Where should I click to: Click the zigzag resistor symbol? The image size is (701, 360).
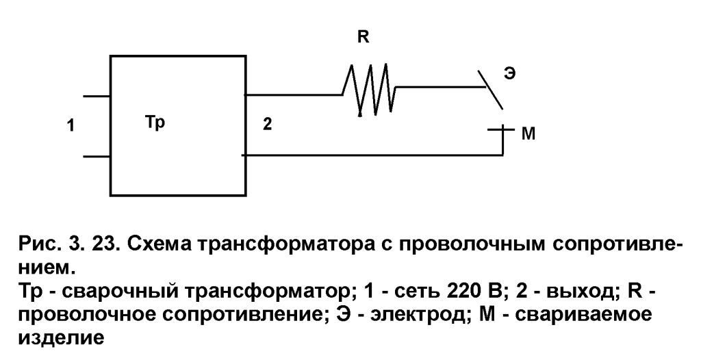pos(369,90)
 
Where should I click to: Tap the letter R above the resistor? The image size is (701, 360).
pos(364,37)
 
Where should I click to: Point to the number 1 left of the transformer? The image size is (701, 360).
pos(71,126)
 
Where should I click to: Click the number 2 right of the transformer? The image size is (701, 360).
pos(267,124)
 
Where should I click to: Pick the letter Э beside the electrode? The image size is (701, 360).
pos(509,73)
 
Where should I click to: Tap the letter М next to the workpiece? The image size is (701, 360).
pos(528,133)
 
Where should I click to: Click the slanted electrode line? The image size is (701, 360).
pos(490,90)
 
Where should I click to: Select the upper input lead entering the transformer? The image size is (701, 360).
pos(97,96)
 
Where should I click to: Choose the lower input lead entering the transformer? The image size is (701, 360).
pos(97,157)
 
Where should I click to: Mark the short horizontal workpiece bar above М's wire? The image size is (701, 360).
pos(499,129)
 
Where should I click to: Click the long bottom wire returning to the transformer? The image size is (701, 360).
pos(373,155)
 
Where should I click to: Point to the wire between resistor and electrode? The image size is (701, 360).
pos(440,86)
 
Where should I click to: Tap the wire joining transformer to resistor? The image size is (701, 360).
pos(294,95)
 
